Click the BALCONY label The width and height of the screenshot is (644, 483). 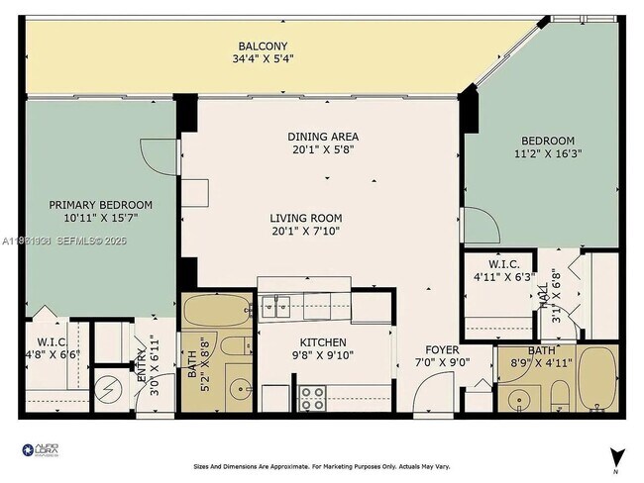(263, 46)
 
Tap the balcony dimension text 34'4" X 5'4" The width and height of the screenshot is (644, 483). (263, 59)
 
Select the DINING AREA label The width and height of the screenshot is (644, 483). (323, 137)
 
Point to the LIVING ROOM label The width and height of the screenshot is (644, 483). (306, 218)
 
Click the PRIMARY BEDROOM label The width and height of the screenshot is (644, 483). (102, 205)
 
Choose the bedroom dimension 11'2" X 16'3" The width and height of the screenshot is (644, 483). (547, 154)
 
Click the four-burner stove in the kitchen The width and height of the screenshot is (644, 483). (313, 399)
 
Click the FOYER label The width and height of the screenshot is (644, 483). (442, 349)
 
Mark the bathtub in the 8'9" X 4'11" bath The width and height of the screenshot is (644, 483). (597, 380)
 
